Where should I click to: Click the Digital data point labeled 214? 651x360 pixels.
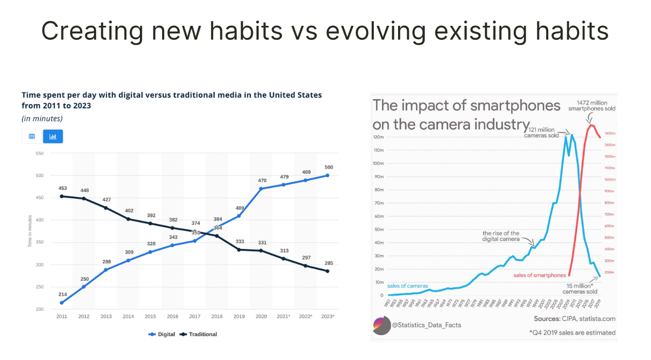[61, 303]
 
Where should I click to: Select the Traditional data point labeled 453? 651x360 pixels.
[61, 196]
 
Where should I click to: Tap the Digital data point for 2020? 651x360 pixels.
[261, 189]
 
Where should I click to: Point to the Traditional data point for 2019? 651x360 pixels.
[239, 249]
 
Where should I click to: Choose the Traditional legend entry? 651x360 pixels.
[199, 334]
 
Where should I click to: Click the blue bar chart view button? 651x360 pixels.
[53, 136]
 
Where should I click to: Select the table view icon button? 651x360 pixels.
[32, 136]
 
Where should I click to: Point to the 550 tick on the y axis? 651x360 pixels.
[40, 153]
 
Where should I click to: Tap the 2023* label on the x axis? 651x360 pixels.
[327, 316]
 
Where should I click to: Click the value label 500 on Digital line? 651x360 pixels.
[329, 167]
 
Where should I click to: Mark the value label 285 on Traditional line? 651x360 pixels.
[329, 263]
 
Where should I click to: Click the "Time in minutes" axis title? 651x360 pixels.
[30, 231]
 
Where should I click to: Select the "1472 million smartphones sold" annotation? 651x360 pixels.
[591, 106]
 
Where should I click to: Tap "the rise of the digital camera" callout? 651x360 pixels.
[501, 236]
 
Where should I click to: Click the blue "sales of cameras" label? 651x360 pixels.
[407, 286]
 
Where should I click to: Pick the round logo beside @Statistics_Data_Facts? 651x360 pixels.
[382, 325]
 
